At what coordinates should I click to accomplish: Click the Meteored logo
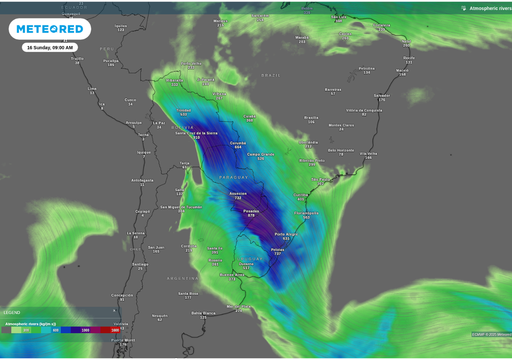(x=50, y=29)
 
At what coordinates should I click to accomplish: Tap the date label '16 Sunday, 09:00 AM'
(x=50, y=47)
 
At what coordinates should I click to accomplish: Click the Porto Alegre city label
(x=286, y=234)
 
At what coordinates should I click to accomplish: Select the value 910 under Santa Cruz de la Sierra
(x=196, y=137)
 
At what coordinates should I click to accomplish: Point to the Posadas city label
(x=251, y=211)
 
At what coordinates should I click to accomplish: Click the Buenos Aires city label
(x=232, y=274)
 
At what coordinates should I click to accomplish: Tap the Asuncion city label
(x=238, y=193)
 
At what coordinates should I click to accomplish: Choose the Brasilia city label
(x=311, y=118)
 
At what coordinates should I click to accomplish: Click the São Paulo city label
(x=320, y=179)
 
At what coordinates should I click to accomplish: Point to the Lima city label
(x=92, y=88)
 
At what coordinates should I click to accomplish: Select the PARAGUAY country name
(x=233, y=177)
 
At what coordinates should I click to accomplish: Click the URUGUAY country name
(x=250, y=259)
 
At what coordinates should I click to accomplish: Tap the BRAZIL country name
(x=271, y=75)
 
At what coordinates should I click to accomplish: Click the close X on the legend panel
(x=114, y=310)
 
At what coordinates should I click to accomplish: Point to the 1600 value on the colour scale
(x=115, y=330)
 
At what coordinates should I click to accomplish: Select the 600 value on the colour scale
(x=55, y=330)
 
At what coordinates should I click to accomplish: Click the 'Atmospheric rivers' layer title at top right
(x=490, y=8)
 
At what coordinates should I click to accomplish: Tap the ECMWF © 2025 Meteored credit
(x=491, y=334)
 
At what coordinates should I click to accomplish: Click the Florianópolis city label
(x=306, y=213)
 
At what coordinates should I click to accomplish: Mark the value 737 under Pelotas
(x=277, y=253)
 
